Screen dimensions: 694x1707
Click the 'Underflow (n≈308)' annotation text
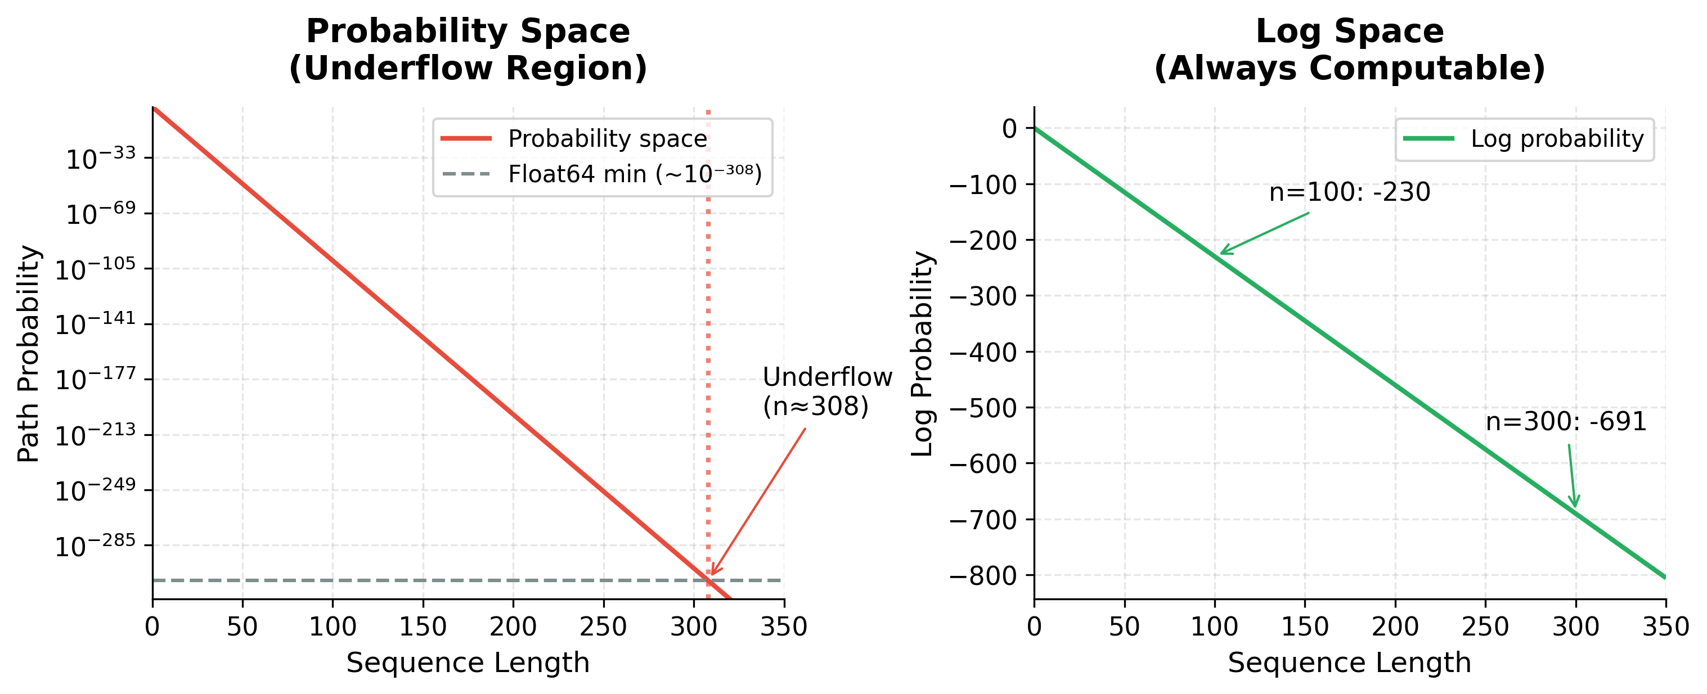tap(826, 391)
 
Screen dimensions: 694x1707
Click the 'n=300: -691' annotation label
tap(1566, 422)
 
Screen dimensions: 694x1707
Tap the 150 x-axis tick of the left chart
tap(423, 627)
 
